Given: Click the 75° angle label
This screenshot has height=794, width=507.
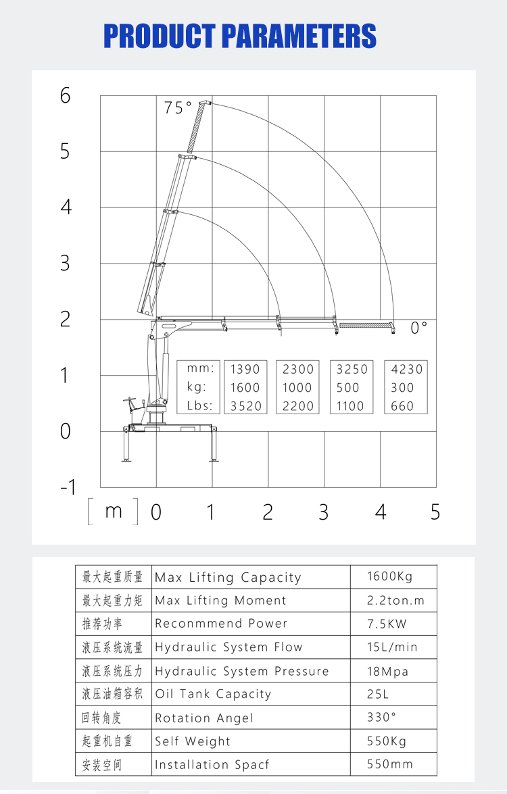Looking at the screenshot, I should (178, 107).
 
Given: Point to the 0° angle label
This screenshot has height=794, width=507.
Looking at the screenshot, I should (419, 328).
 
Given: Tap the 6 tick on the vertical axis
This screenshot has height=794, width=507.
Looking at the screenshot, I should (65, 96).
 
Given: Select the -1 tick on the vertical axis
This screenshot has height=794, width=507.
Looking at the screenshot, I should (68, 487).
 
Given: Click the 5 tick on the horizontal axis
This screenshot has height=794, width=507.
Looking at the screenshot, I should (435, 512).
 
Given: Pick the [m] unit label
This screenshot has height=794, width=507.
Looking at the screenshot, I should (113, 512).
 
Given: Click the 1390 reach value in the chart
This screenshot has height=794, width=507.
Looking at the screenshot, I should (245, 369).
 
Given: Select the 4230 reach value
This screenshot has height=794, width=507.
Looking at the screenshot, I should (407, 369).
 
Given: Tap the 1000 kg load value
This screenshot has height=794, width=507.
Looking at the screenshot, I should (298, 388).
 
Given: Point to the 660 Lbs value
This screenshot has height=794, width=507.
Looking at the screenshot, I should (402, 406).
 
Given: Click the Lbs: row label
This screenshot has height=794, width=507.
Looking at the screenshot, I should (200, 406).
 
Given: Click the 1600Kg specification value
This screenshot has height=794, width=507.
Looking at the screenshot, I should (389, 576).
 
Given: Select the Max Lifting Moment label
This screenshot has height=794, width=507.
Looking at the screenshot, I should (220, 600).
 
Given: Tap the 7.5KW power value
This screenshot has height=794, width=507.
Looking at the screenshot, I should (387, 624).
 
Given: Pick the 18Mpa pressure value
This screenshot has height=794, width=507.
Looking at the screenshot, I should (387, 672).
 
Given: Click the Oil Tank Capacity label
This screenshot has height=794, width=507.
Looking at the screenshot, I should (213, 694).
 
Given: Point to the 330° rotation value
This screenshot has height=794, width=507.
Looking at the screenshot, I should (382, 717).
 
